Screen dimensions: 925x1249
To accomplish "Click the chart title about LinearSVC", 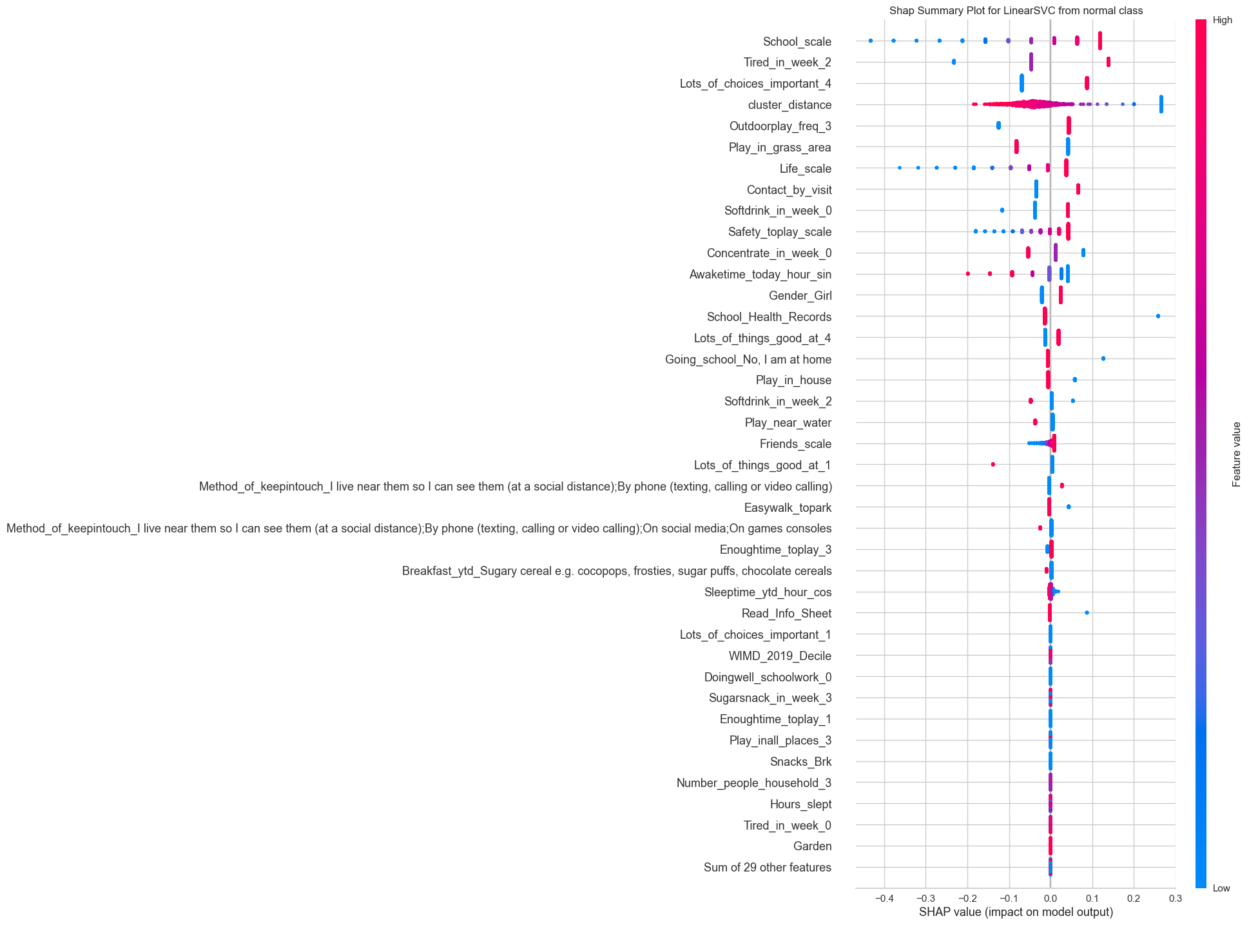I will (x=1016, y=10).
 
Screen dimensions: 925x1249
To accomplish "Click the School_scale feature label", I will (x=797, y=42).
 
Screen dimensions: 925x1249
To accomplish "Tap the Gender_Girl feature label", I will (x=800, y=296).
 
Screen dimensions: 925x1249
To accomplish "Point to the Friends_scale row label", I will (x=795, y=444).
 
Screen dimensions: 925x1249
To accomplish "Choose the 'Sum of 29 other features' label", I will (x=767, y=868).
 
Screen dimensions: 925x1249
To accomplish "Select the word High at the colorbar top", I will (x=1222, y=20).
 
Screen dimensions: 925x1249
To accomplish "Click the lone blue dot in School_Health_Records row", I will (x=1158, y=316).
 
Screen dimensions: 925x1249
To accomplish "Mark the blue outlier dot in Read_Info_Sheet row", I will (x=1087, y=613).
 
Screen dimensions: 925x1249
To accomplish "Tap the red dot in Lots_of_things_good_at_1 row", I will (x=992, y=465).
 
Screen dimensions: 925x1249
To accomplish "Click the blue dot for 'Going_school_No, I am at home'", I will (x=1103, y=358).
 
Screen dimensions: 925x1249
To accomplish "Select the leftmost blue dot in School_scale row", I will (x=871, y=41).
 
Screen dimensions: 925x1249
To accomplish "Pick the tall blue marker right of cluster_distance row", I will (x=1161, y=104).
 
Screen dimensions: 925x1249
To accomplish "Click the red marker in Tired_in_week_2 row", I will (x=1109, y=62).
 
